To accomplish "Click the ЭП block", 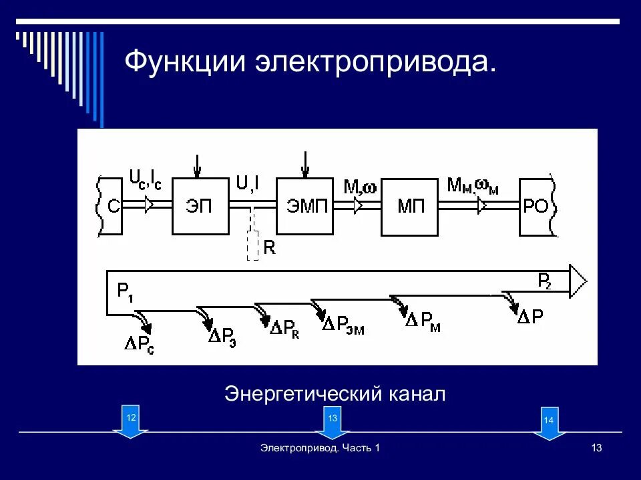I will point(199,206).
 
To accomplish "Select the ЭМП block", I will point(305,206).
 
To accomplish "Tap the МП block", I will point(410,207).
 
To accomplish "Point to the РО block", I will point(536,207).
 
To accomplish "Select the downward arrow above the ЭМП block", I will point(304,164).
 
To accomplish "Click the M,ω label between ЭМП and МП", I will point(360,187).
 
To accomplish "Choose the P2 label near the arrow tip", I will point(545,281).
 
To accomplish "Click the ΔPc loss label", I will point(140,344).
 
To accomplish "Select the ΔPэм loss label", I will point(343,325).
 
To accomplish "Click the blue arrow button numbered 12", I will point(131,422).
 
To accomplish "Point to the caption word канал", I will point(415,393).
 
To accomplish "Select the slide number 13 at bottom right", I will point(596,448).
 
